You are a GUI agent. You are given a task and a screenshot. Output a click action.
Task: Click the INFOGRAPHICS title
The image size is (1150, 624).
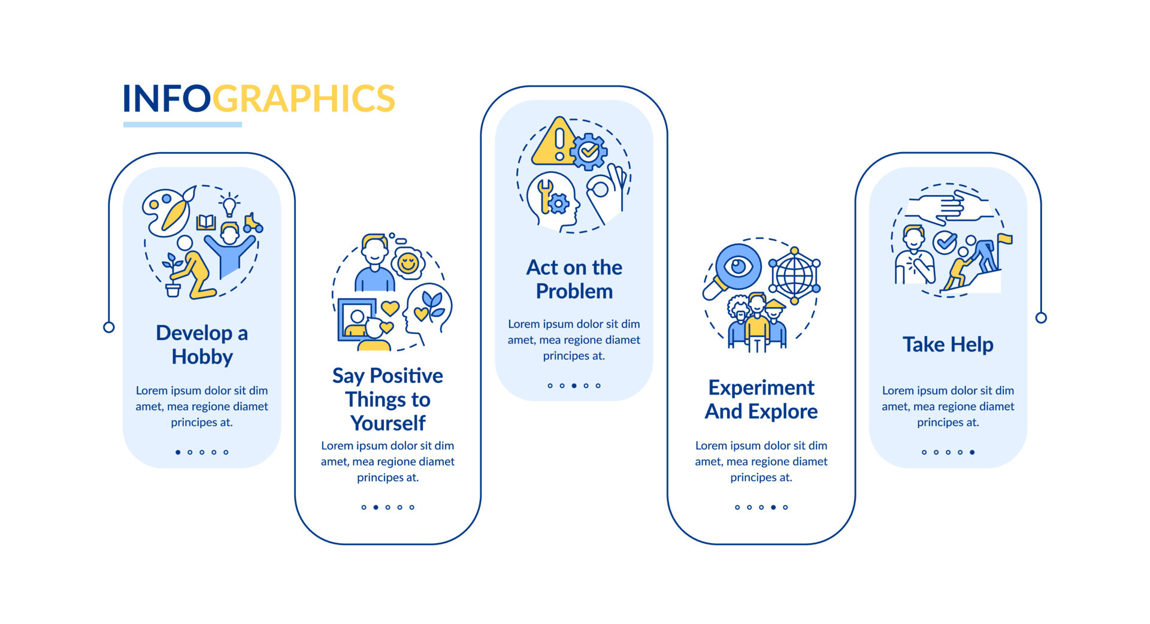pyautogui.click(x=259, y=99)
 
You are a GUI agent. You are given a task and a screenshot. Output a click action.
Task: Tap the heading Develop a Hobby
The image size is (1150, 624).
pyautogui.click(x=202, y=344)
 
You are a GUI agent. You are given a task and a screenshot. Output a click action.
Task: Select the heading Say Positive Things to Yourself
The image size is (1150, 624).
pyautogui.click(x=388, y=399)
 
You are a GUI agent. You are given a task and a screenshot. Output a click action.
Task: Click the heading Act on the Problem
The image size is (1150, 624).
pyautogui.click(x=574, y=279)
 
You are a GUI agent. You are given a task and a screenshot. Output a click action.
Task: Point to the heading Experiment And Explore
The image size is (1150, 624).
pyautogui.click(x=761, y=399)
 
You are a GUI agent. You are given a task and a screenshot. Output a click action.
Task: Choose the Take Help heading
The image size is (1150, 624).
pyautogui.click(x=948, y=344)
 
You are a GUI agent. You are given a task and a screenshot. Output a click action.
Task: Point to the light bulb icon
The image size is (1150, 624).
pyautogui.click(x=229, y=205)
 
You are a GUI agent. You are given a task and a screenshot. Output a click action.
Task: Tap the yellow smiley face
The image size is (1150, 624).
pyautogui.click(x=408, y=262)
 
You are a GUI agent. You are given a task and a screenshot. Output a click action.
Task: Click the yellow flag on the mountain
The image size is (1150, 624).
pyautogui.click(x=1004, y=240)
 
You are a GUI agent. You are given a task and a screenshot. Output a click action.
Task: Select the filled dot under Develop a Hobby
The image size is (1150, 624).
pyautogui.click(x=178, y=452)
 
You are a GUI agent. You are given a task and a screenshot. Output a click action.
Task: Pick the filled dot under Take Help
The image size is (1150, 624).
pyautogui.click(x=972, y=452)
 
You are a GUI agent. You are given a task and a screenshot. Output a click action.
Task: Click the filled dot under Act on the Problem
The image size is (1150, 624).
pyautogui.click(x=574, y=386)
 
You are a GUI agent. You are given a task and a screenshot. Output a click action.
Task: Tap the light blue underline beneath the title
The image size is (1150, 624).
pyautogui.click(x=183, y=125)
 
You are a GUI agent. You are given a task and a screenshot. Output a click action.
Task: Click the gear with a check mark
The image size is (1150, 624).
pyautogui.click(x=589, y=152)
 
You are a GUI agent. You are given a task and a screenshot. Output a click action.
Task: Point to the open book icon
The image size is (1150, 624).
pyautogui.click(x=206, y=222)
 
